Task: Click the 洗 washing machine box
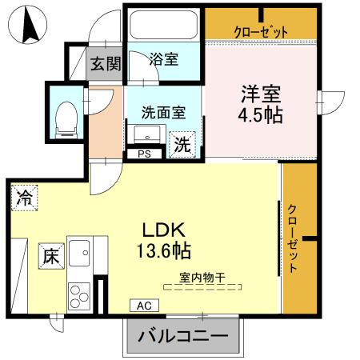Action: pos(183,145)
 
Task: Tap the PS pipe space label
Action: pos(145,154)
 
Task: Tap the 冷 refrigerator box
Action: pos(23,198)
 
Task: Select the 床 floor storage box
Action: pos(50,257)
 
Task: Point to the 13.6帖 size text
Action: pos(163,250)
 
